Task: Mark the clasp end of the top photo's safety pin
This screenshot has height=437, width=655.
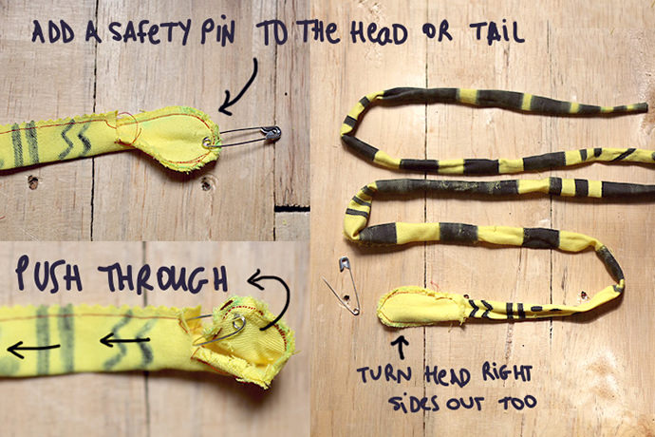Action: click(x=273, y=133)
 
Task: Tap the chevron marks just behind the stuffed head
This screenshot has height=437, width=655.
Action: click(x=478, y=308)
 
